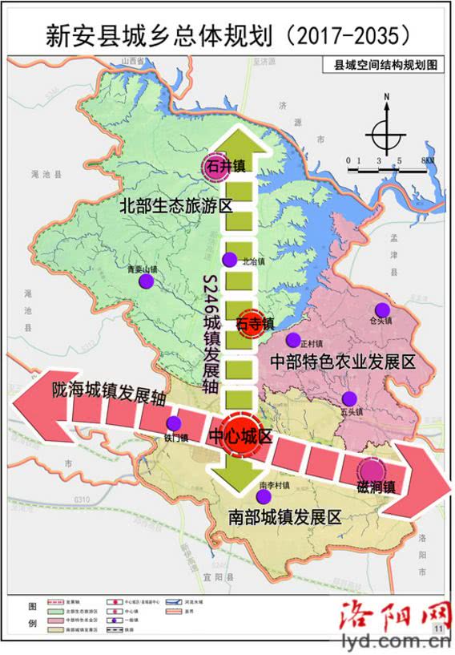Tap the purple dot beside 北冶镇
(x=229, y=259)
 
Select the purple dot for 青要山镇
(x=146, y=281)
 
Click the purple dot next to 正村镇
(x=294, y=339)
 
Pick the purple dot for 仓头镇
(x=382, y=309)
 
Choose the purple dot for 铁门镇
(x=173, y=425)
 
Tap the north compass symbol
(x=385, y=127)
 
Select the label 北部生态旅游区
(x=175, y=205)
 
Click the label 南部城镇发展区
(x=284, y=517)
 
